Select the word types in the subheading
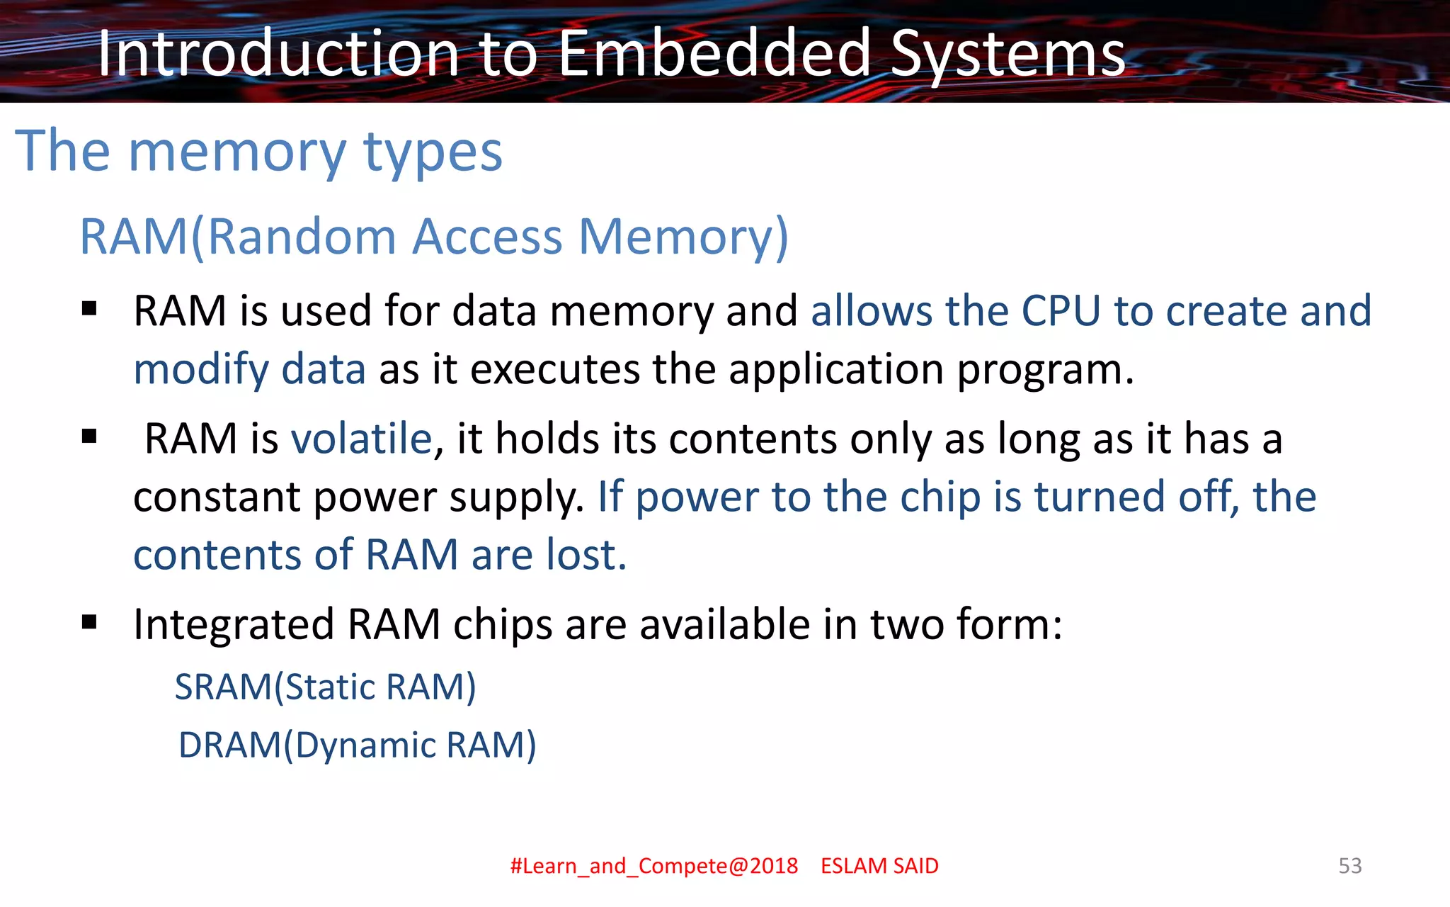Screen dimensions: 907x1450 tap(433, 152)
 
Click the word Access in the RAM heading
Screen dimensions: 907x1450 tap(487, 237)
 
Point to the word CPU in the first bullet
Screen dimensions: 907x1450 tap(1061, 311)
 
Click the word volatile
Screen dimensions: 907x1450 tap(361, 439)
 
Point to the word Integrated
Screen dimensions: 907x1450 tap(234, 625)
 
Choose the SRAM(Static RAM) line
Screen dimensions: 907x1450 tap(325, 687)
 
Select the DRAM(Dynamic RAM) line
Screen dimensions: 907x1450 tap(357, 745)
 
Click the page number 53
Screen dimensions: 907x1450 tap(1349, 866)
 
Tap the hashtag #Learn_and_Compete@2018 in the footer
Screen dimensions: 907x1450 tap(654, 866)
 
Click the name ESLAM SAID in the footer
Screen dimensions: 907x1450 tap(879, 866)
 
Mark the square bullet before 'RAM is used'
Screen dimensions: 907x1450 tap(89, 309)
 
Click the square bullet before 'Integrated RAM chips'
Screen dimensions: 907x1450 tap(89, 623)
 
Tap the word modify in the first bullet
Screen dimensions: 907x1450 tap(201, 370)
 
